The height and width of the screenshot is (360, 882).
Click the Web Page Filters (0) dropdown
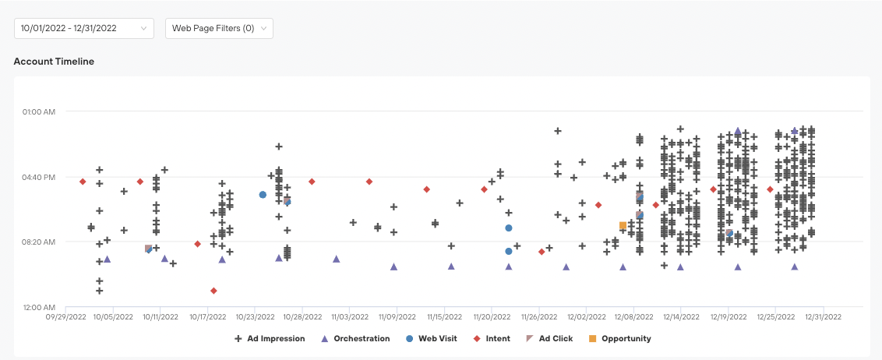tap(219, 28)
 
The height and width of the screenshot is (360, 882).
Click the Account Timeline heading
tap(54, 61)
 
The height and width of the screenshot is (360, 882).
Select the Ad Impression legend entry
tap(270, 339)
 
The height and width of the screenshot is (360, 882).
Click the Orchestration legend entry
tap(355, 339)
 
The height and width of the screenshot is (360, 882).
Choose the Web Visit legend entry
tap(432, 339)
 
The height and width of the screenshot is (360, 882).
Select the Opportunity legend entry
tap(620, 339)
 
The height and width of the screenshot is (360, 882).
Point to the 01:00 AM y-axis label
tap(38, 111)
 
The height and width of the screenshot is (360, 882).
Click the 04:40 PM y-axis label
tap(38, 177)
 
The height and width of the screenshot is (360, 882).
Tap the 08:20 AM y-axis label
tap(38, 242)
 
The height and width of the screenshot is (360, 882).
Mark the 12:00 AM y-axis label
tap(38, 307)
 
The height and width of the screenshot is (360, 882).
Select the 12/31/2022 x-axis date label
tap(823, 318)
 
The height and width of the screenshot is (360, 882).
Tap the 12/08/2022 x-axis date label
tap(634, 318)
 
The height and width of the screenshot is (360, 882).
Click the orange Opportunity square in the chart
tap(623, 226)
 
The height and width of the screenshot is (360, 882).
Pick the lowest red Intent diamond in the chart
tap(213, 291)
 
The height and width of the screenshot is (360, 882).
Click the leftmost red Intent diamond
tap(83, 182)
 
